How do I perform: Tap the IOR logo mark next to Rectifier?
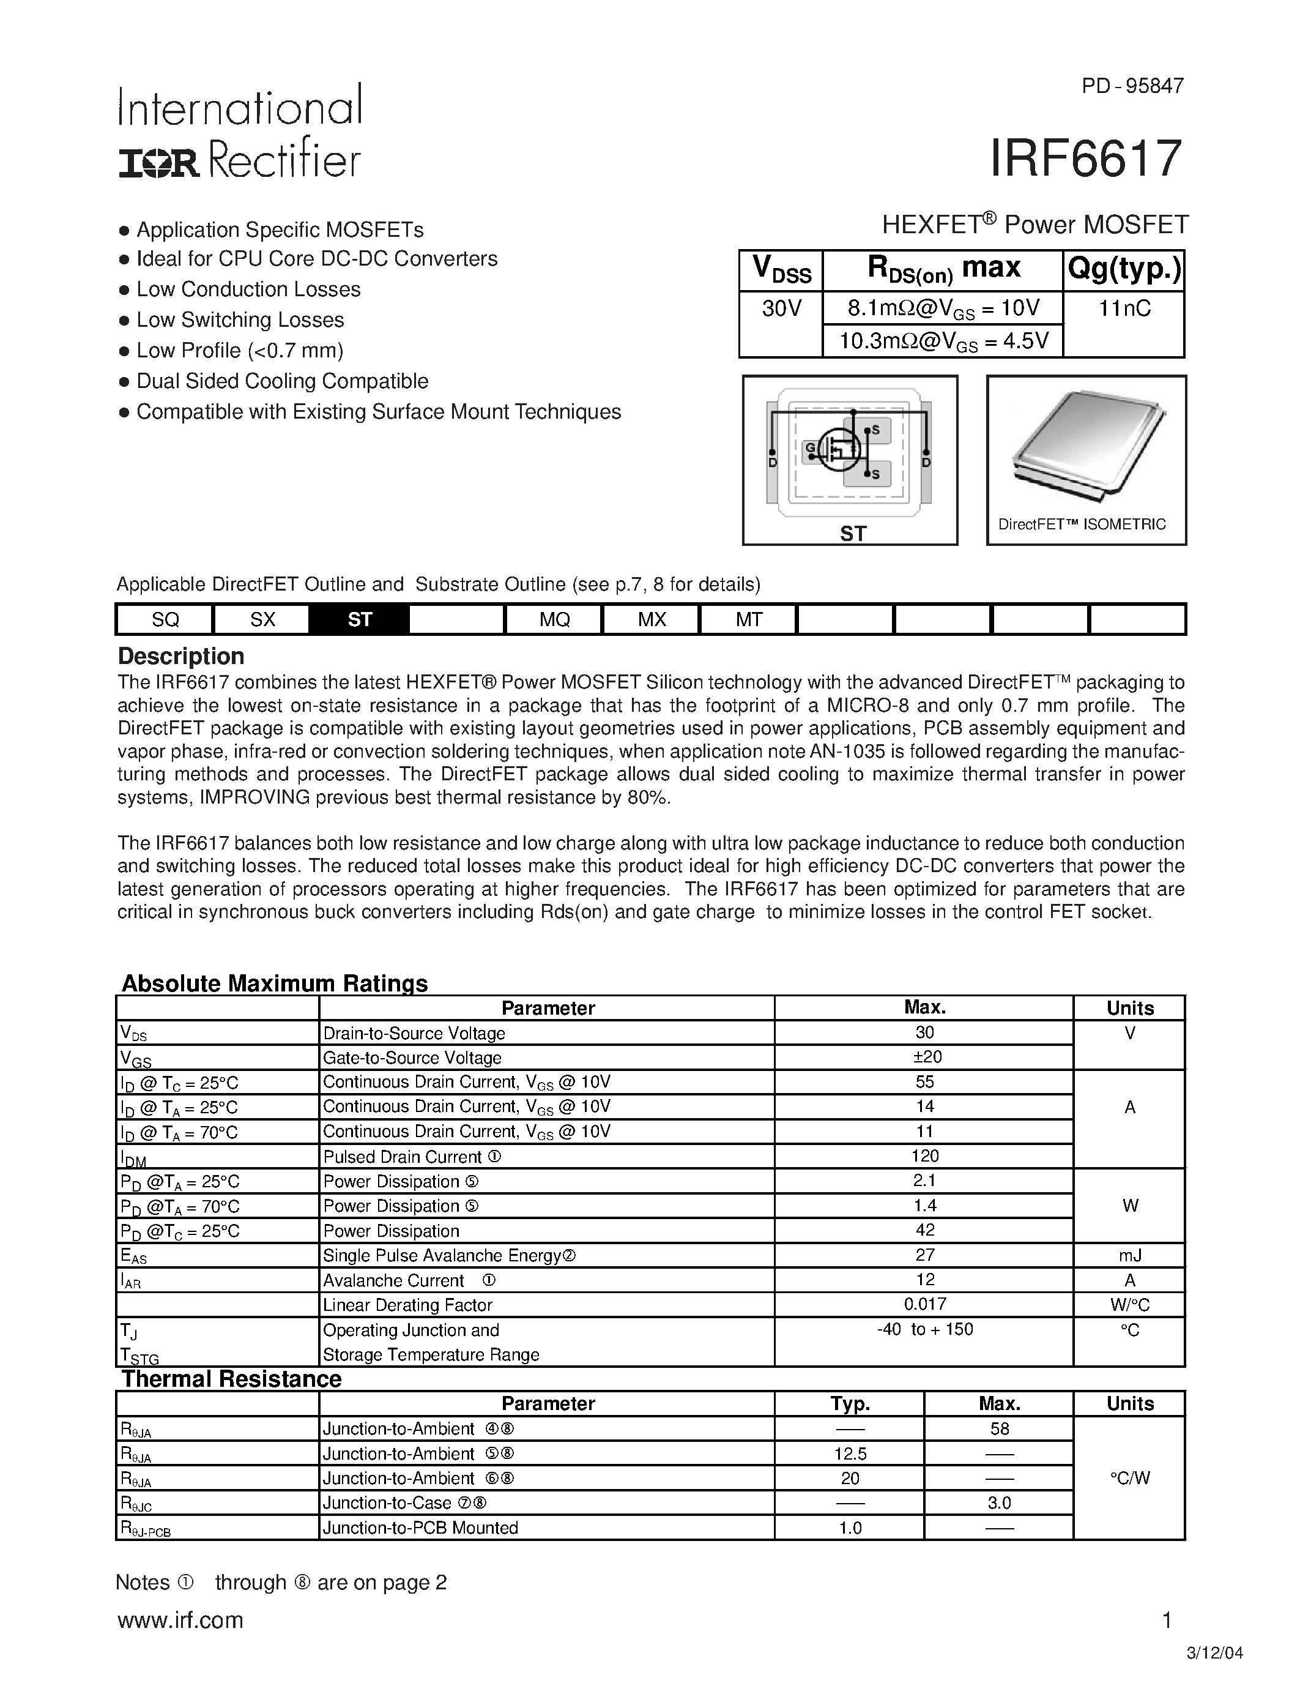click(158, 163)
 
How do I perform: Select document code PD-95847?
click(1132, 86)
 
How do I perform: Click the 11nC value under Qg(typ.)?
click(1124, 309)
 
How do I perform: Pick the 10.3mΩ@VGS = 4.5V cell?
click(943, 341)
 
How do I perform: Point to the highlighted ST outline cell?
click(359, 619)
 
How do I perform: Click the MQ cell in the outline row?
click(554, 619)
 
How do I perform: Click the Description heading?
click(181, 657)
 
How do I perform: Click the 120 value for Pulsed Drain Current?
click(925, 1156)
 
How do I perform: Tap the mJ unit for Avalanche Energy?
click(1129, 1255)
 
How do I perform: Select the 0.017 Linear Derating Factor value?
click(925, 1304)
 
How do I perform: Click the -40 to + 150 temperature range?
click(925, 1329)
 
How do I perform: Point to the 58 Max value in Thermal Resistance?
click(999, 1428)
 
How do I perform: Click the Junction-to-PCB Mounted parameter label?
click(420, 1528)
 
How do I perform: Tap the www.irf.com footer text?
click(180, 1621)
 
